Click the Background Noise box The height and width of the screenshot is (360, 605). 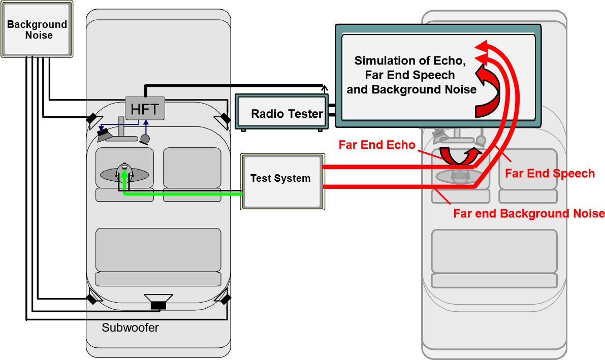37,29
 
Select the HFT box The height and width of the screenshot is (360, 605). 145,108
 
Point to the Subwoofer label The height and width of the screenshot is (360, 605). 130,328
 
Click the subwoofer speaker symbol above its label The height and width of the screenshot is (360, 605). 158,301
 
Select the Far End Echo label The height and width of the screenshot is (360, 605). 377,144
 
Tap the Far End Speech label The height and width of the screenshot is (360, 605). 550,173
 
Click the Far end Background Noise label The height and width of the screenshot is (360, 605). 528,213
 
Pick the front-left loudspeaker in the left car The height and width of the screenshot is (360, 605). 91,119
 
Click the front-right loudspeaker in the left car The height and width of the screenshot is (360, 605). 224,119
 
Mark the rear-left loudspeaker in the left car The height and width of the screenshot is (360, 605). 91,298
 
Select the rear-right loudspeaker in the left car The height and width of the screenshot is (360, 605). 224,298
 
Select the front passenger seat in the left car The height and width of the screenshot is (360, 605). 192,168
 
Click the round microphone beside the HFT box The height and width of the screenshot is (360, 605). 145,139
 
